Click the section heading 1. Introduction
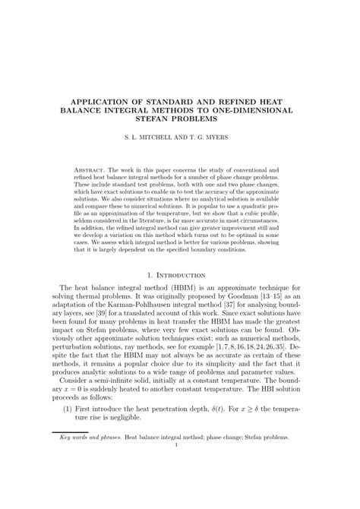coord(179,274)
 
